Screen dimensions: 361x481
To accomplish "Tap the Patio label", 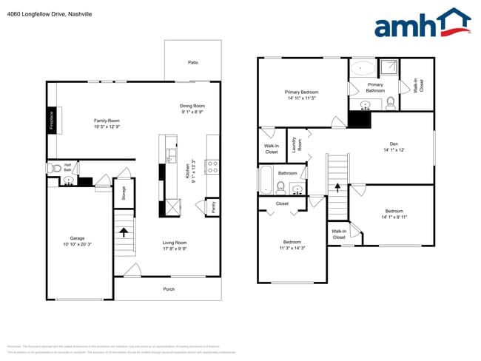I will [193, 63].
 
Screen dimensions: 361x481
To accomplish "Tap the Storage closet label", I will [123, 193].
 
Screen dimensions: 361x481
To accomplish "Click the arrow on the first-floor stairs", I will [124, 232].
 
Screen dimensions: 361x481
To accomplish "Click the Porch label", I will [169, 289].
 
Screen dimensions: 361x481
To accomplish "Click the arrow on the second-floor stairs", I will [337, 189].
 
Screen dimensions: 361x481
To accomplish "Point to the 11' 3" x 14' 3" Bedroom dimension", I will [292, 248].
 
